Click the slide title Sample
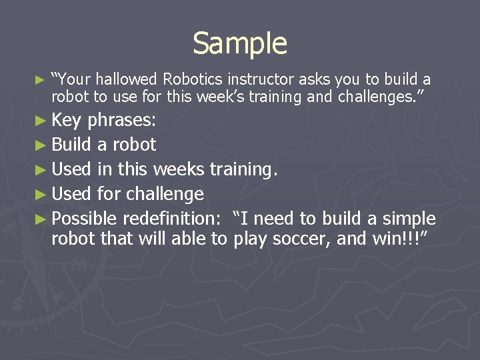[x=240, y=44]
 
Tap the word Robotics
[x=193, y=80]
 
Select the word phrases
[x=122, y=121]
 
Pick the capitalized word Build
[x=71, y=145]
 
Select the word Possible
[x=84, y=219]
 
